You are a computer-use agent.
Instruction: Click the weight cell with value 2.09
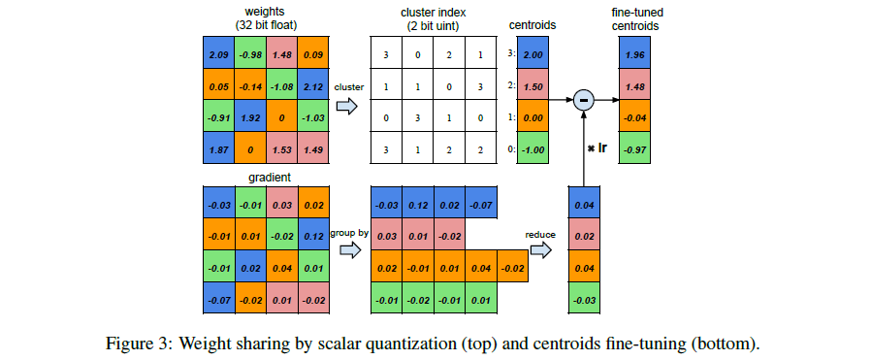coord(218,53)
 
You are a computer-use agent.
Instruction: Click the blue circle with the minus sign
coord(583,100)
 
